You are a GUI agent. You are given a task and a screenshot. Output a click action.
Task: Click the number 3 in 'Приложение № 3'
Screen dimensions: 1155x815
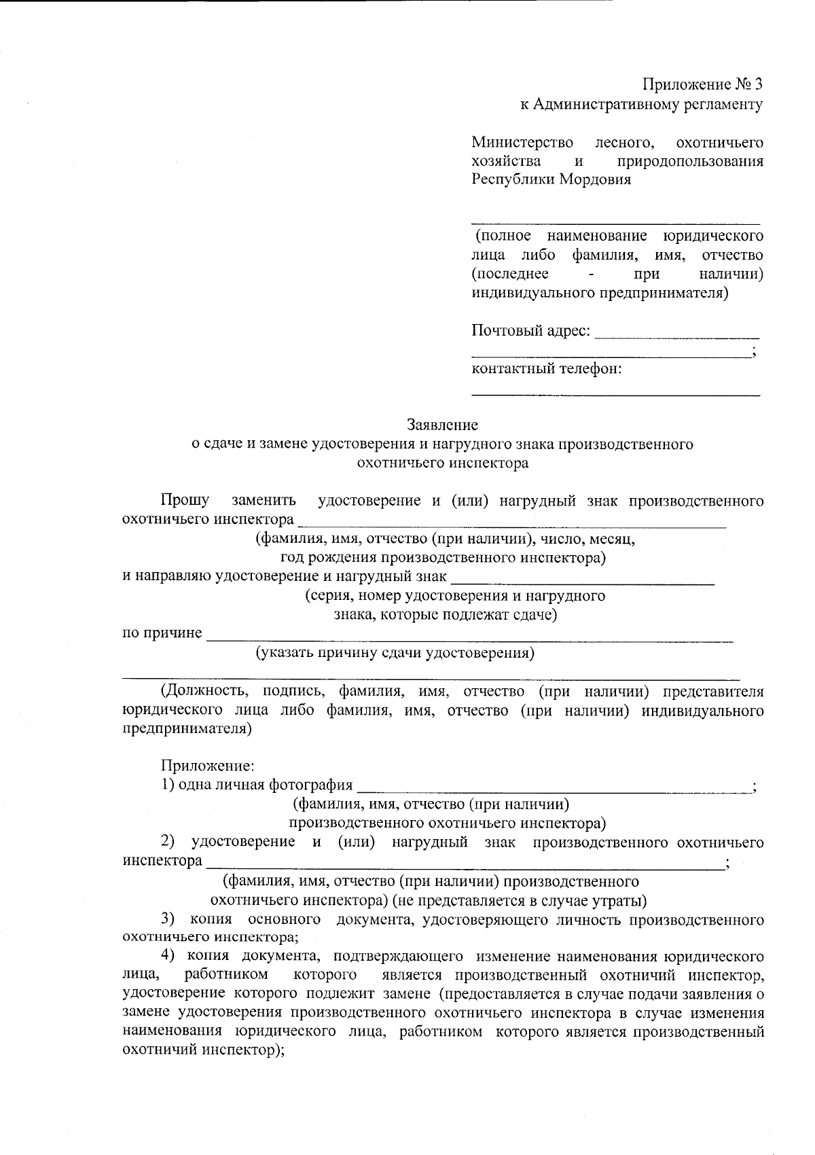tap(758, 85)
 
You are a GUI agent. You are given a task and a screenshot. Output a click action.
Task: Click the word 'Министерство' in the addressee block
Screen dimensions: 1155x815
tap(522, 143)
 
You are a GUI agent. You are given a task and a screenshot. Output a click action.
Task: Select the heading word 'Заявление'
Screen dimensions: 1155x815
tap(442, 425)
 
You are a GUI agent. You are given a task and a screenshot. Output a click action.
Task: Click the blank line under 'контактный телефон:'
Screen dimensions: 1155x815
tap(615, 393)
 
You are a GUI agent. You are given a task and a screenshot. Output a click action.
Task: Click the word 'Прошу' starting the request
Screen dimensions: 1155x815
tap(185, 501)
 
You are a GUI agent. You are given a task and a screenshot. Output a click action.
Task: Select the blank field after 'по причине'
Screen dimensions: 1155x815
tap(469, 639)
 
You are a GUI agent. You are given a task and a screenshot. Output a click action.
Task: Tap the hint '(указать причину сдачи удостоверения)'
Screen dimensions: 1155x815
tap(395, 654)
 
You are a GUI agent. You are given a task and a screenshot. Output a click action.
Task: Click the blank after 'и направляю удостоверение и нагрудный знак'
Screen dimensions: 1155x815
tap(583, 582)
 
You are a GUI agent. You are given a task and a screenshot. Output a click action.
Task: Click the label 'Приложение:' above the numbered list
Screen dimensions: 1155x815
tap(207, 766)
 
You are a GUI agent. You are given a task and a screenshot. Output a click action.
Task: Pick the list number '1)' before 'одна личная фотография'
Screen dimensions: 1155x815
tap(168, 785)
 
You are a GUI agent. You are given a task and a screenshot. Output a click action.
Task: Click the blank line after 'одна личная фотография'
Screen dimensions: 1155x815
tap(554, 790)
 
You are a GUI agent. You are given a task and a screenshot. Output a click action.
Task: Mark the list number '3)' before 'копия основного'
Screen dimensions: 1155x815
tap(168, 920)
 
